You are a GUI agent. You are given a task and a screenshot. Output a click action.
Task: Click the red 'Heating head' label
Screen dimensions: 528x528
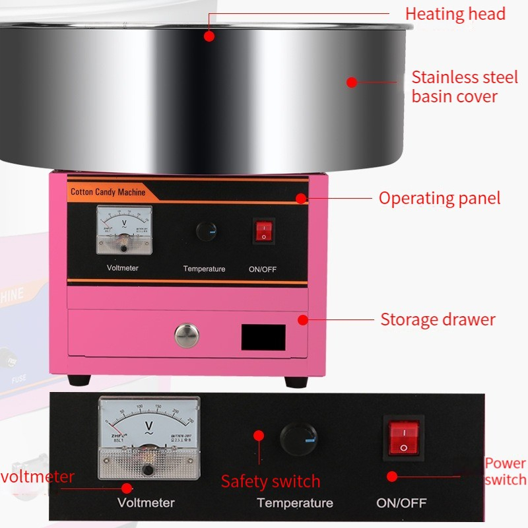(455, 14)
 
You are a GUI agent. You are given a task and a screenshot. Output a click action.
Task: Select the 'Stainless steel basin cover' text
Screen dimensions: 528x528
(465, 86)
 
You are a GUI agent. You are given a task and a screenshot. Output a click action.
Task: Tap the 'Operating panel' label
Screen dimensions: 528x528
(439, 198)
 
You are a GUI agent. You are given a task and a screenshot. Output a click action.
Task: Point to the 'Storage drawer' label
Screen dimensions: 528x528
(438, 320)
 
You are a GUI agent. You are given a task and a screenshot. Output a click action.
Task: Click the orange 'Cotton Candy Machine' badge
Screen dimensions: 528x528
(107, 192)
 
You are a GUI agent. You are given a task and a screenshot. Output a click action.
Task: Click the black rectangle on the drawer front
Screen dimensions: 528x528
(263, 337)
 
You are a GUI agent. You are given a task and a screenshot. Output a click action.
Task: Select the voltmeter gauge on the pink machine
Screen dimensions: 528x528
(124, 230)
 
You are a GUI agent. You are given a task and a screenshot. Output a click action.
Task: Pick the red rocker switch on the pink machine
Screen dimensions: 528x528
(263, 231)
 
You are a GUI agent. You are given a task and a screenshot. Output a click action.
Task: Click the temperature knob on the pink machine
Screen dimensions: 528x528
(207, 231)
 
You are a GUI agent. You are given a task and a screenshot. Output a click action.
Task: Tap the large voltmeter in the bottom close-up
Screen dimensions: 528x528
(148, 438)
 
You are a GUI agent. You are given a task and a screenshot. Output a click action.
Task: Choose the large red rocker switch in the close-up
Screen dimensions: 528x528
(403, 438)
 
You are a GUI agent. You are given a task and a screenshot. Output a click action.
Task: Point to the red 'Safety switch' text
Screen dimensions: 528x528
(271, 481)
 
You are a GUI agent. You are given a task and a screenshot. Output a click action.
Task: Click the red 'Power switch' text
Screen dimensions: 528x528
(505, 471)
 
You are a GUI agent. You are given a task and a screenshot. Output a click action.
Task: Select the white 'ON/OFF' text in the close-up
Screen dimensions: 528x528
(401, 503)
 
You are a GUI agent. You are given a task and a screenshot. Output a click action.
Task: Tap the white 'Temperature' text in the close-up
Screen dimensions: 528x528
(294, 503)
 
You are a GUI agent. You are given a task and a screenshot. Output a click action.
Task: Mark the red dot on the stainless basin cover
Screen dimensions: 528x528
(352, 82)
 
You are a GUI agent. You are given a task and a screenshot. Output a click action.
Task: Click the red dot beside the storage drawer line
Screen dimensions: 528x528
(302, 320)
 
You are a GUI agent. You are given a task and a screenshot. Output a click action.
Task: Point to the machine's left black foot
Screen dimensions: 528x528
(79, 380)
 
